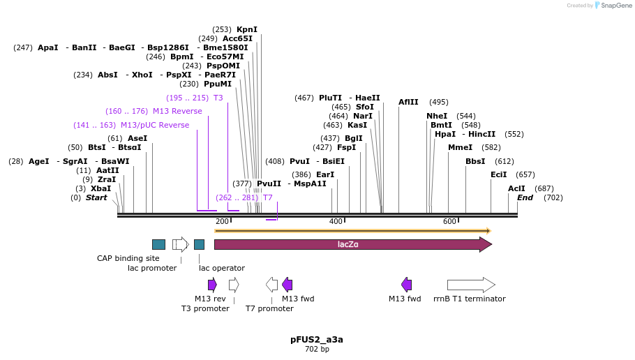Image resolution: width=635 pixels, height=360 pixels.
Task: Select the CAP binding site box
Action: (158, 244)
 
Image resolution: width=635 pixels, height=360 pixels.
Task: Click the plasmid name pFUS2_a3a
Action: (317, 340)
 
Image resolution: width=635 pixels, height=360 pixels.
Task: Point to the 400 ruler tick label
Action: (336, 222)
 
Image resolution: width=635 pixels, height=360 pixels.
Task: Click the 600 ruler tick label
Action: (449, 222)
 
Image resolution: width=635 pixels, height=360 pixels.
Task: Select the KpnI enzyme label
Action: (247, 29)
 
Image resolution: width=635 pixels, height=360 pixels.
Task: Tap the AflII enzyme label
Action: (408, 102)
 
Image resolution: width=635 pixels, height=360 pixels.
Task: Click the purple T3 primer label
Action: (218, 98)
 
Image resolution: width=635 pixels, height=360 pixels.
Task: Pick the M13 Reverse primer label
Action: (177, 111)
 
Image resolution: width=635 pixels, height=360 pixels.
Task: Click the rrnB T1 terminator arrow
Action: (471, 285)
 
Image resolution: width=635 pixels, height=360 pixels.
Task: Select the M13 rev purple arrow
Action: (212, 285)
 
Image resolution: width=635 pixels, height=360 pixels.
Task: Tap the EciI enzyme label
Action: (499, 174)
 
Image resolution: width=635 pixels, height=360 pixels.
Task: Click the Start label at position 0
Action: (96, 197)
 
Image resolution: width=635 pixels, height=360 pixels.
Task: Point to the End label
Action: (525, 197)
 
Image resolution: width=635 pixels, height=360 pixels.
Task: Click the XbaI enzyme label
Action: (100, 188)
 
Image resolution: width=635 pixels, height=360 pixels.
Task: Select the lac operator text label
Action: (222, 268)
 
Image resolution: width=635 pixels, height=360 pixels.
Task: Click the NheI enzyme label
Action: (437, 116)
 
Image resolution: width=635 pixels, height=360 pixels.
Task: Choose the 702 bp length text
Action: (317, 349)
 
